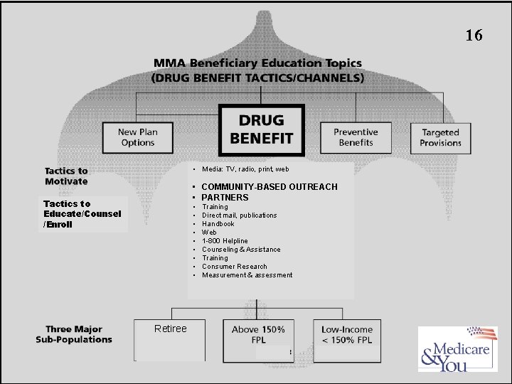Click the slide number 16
point(474,36)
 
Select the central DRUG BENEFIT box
point(261,129)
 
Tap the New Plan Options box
point(137,137)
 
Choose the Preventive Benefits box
point(356,137)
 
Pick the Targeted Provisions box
point(440,137)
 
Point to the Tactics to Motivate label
point(66,176)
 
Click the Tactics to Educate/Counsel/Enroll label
point(82,214)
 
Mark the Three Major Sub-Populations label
point(74,334)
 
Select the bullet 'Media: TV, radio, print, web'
point(245,169)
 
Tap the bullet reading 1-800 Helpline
point(225,241)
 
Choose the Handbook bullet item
point(218,224)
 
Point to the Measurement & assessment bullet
point(247,275)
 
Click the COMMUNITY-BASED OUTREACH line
point(269,187)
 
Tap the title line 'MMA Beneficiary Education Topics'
point(257,64)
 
